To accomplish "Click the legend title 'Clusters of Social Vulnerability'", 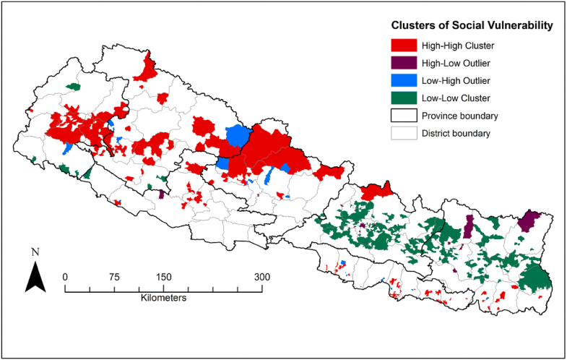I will [x=472, y=25].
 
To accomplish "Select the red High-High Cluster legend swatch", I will [x=405, y=46].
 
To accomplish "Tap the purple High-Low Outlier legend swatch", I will [x=405, y=63].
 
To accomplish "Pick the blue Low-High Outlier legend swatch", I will [x=405, y=80].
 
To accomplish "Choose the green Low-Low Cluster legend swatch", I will [x=405, y=98].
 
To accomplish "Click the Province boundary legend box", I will [x=405, y=116].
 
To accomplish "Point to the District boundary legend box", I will [x=405, y=133].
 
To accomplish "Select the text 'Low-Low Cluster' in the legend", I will [x=456, y=98].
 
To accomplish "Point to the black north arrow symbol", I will [x=35, y=277].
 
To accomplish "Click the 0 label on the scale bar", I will [x=66, y=276].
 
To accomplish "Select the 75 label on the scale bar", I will [x=114, y=276].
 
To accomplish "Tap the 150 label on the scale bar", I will [x=163, y=276].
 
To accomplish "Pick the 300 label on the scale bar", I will [x=261, y=276].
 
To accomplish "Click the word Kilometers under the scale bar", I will [x=164, y=298].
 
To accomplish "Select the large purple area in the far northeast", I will [x=531, y=220].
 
